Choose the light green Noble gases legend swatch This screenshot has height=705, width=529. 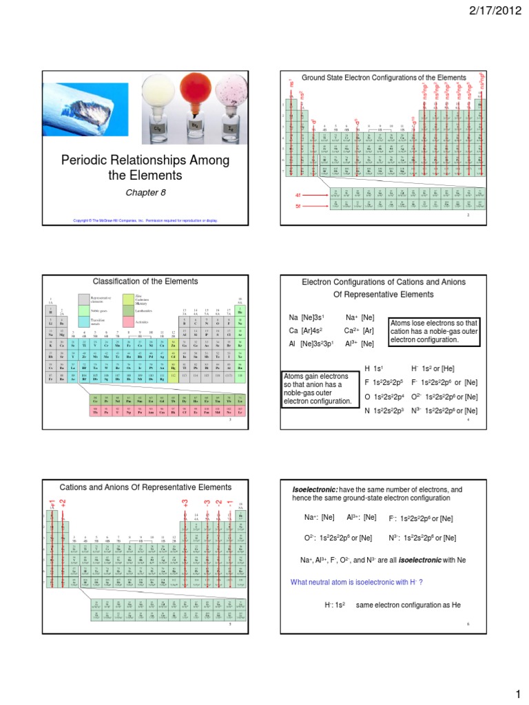(x=83, y=311)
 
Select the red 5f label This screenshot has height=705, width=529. (x=298, y=206)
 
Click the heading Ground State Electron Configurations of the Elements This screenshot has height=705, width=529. (x=380, y=77)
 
